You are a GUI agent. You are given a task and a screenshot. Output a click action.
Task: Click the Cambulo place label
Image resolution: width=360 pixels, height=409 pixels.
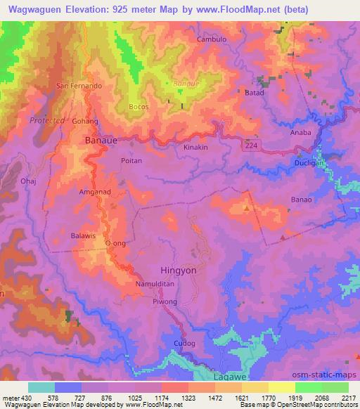coord(212,40)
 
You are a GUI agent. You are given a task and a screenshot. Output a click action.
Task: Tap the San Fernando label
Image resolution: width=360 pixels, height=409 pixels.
coord(80,86)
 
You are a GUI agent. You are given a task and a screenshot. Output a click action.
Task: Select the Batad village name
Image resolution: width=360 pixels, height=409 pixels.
coord(255,93)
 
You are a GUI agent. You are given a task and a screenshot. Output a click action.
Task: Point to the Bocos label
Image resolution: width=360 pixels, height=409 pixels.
coord(140,108)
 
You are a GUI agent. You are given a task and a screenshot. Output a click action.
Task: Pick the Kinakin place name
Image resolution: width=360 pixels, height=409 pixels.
coord(195,148)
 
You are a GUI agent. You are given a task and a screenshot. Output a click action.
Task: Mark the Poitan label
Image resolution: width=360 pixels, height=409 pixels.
coord(131,161)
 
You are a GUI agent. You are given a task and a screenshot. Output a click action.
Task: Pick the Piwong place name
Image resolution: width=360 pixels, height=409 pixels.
coord(165,302)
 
